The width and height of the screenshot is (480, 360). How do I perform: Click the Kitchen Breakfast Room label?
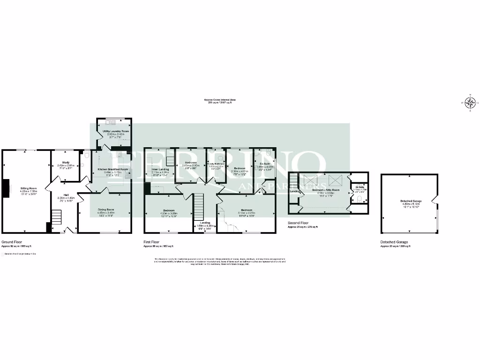click(x=112, y=169)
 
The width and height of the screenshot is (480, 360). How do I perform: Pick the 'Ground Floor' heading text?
click(x=12, y=242)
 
